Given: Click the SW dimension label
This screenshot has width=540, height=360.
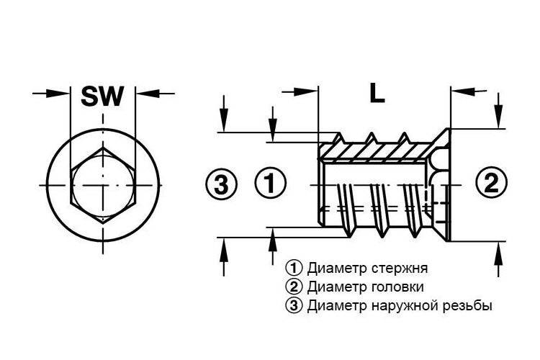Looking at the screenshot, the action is click(102, 96).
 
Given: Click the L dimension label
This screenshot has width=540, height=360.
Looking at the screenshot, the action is click(377, 93).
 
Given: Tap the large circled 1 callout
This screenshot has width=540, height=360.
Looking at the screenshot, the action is click(270, 182).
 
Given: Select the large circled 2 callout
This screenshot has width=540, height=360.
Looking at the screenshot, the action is click(492, 182).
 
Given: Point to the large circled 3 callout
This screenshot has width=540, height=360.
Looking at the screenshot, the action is click(221, 184).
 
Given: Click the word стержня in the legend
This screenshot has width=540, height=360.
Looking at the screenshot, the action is click(400, 268).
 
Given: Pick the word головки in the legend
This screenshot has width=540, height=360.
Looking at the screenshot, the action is click(397, 287).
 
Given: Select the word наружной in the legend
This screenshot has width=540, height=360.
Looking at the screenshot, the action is click(409, 306).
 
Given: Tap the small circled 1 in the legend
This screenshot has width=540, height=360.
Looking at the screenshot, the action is click(294, 268).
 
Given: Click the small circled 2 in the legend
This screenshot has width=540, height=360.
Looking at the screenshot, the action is click(294, 287).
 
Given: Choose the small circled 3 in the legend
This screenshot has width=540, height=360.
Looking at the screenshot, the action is click(294, 305).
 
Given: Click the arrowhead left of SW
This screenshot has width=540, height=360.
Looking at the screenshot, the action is click(58, 93).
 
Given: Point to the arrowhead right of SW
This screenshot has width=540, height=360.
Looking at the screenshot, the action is click(148, 93).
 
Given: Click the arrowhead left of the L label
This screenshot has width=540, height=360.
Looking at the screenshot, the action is click(306, 91).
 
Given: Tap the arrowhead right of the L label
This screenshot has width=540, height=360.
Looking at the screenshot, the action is click(463, 91).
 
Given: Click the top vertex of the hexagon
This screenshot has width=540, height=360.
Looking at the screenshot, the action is click(103, 148).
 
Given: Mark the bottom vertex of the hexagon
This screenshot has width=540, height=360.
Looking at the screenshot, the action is click(103, 223).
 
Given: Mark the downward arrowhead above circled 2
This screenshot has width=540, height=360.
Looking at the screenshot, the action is click(498, 116).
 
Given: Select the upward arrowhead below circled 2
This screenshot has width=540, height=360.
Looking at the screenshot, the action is click(498, 254).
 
